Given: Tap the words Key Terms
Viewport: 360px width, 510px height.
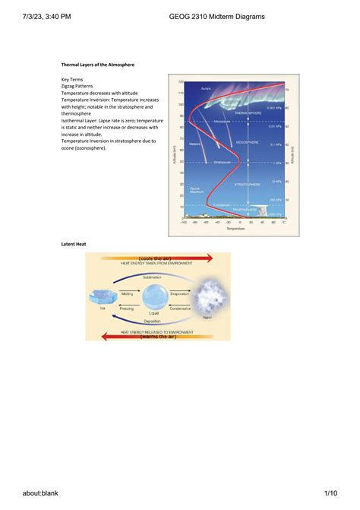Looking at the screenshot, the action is (x=73, y=79).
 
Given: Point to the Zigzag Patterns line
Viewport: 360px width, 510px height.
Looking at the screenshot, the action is (x=81, y=86).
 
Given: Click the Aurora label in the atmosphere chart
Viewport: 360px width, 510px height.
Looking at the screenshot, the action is (x=207, y=90).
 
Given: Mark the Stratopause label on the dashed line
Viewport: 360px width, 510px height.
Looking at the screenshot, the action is (x=223, y=161).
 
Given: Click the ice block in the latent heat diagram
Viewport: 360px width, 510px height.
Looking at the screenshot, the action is (x=99, y=297).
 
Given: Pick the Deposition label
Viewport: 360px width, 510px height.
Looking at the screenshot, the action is (x=154, y=321).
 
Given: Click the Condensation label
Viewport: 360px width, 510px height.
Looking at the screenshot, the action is (x=182, y=307).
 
